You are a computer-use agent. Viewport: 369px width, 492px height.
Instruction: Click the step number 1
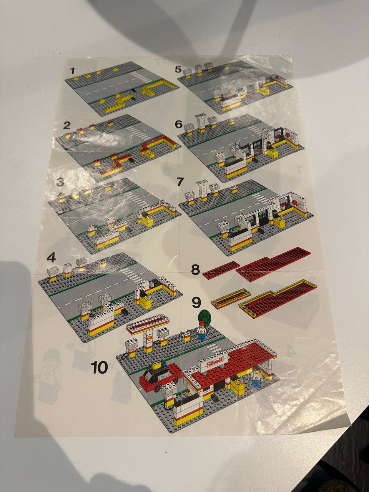[72, 71]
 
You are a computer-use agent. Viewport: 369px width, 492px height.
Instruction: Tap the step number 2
[67, 126]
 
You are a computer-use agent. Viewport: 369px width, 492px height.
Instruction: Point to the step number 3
[60, 182]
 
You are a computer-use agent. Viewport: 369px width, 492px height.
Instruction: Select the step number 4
[51, 258]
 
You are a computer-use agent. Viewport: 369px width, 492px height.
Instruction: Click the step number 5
[178, 70]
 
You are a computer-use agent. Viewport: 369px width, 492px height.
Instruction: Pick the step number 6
[179, 125]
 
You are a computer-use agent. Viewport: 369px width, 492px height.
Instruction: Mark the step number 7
[180, 182]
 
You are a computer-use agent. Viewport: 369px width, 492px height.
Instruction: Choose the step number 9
[197, 303]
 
